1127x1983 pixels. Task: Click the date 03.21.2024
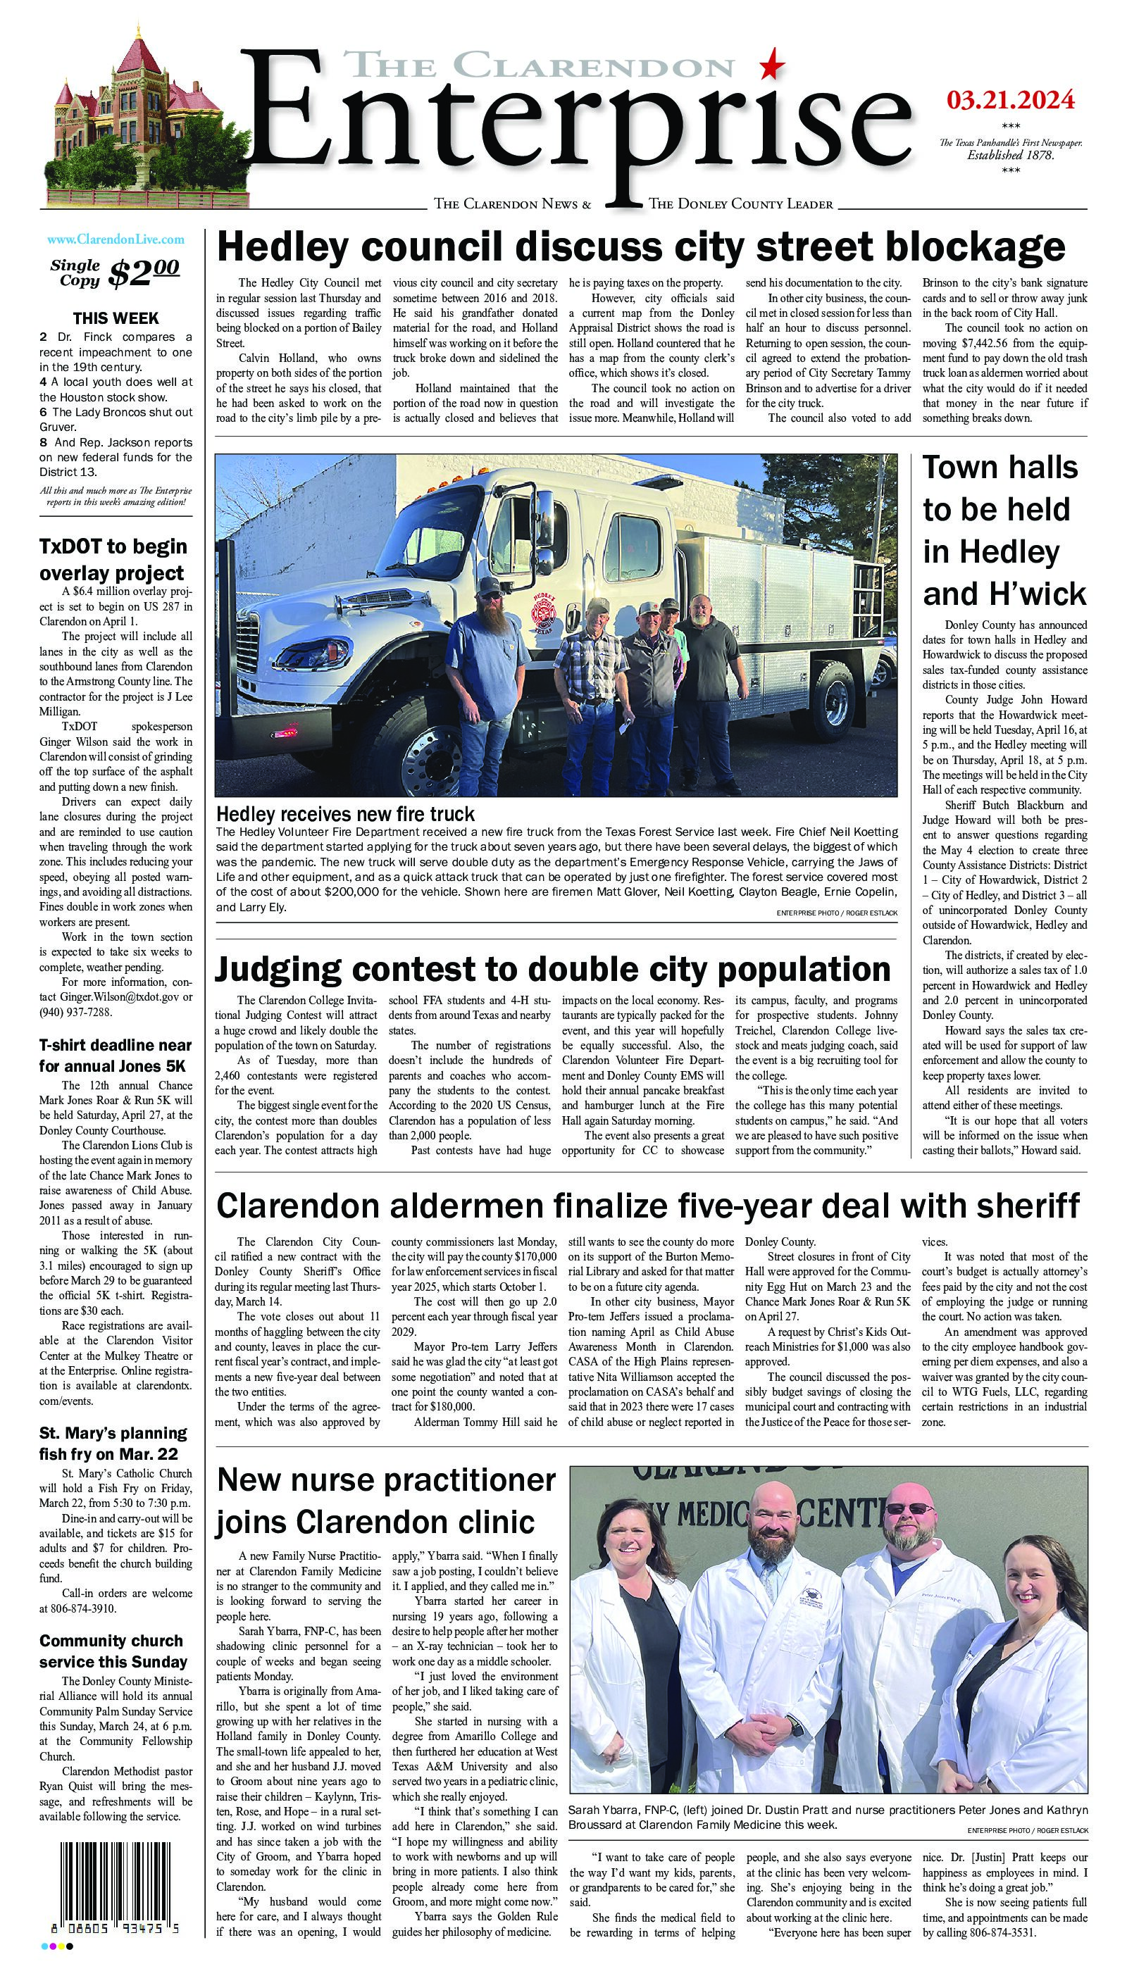tap(1011, 99)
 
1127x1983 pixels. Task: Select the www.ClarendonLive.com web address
tap(116, 240)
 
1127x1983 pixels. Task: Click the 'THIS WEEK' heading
tap(116, 318)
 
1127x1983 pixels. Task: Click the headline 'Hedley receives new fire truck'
tap(345, 814)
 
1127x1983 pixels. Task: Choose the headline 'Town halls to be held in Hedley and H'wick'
tap(1004, 531)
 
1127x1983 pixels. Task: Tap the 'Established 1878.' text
tap(1010, 155)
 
